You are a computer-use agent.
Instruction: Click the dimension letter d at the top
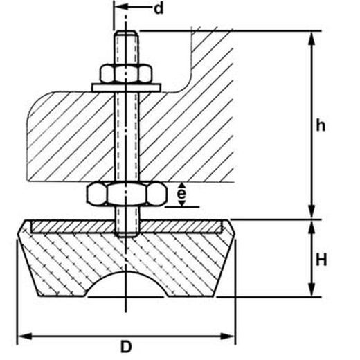(159, 8)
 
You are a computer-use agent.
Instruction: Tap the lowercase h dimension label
(321, 125)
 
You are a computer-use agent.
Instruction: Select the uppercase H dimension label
(321, 260)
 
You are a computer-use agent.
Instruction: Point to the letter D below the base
(126, 347)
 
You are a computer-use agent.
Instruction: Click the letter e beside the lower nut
(182, 194)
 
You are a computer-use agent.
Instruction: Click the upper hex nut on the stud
(126, 73)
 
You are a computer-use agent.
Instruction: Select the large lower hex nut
(127, 194)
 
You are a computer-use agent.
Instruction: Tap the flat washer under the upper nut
(126, 88)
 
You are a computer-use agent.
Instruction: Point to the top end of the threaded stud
(127, 31)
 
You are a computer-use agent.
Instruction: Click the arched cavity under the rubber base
(126, 285)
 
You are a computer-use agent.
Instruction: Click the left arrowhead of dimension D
(25, 336)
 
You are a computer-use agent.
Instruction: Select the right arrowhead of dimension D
(228, 336)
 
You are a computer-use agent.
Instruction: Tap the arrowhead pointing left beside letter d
(121, 6)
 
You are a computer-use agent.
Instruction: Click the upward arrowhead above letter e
(182, 186)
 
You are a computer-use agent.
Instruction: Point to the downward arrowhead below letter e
(182, 203)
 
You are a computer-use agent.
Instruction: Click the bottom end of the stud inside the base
(127, 235)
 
